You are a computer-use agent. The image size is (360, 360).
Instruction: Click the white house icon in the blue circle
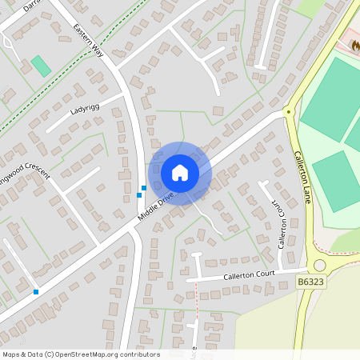(180, 173)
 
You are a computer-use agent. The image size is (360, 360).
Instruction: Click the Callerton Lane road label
(301, 177)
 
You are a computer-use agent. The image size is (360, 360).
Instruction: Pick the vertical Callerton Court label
(281, 223)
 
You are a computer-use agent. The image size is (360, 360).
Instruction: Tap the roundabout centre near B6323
(320, 266)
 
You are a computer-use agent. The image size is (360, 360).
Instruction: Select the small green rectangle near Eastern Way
(40, 66)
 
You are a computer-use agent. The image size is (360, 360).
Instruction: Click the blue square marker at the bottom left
(36, 292)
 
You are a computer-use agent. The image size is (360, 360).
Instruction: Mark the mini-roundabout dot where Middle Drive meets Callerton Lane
(287, 112)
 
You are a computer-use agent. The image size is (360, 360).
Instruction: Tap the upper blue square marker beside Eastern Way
(143, 188)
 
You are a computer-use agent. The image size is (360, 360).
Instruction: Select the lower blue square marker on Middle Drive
(139, 194)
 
